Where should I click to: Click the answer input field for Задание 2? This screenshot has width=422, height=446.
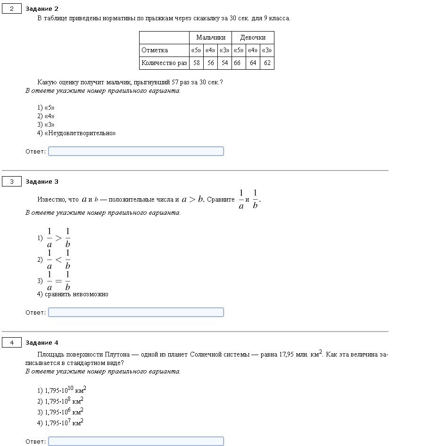(136, 151)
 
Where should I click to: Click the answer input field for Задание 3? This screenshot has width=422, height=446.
(136, 312)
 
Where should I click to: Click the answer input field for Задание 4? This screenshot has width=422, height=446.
(136, 441)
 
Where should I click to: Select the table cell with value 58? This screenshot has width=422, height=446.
(197, 63)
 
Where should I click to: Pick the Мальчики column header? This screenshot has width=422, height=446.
(211, 37)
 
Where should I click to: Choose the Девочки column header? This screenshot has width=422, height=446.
(253, 37)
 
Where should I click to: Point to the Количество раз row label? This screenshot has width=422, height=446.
(164, 63)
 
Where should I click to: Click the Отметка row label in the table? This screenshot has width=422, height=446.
(155, 50)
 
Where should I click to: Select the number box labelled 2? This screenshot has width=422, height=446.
(12, 9)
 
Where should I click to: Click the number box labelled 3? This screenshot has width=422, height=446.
(12, 181)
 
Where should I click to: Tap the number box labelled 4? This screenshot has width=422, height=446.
(12, 342)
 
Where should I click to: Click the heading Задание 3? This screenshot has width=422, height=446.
(42, 181)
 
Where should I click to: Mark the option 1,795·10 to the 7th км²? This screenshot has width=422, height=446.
(64, 423)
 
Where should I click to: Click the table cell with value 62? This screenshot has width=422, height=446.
(267, 63)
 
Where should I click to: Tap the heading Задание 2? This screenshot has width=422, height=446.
(42, 9)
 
